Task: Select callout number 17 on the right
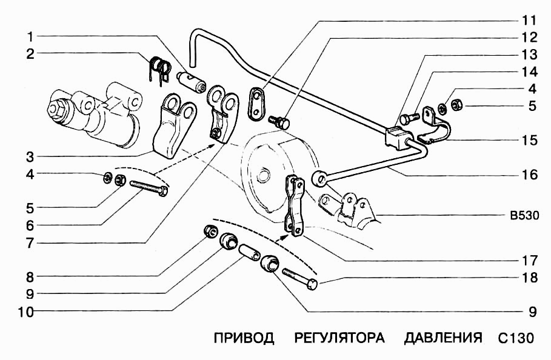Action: (x=529, y=261)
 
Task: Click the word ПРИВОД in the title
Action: (x=244, y=338)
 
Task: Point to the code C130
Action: (x=516, y=338)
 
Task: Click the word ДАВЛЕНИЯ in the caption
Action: (x=443, y=338)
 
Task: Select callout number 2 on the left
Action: (x=28, y=54)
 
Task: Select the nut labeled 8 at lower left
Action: (x=210, y=231)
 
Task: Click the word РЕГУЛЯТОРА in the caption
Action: (x=339, y=338)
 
